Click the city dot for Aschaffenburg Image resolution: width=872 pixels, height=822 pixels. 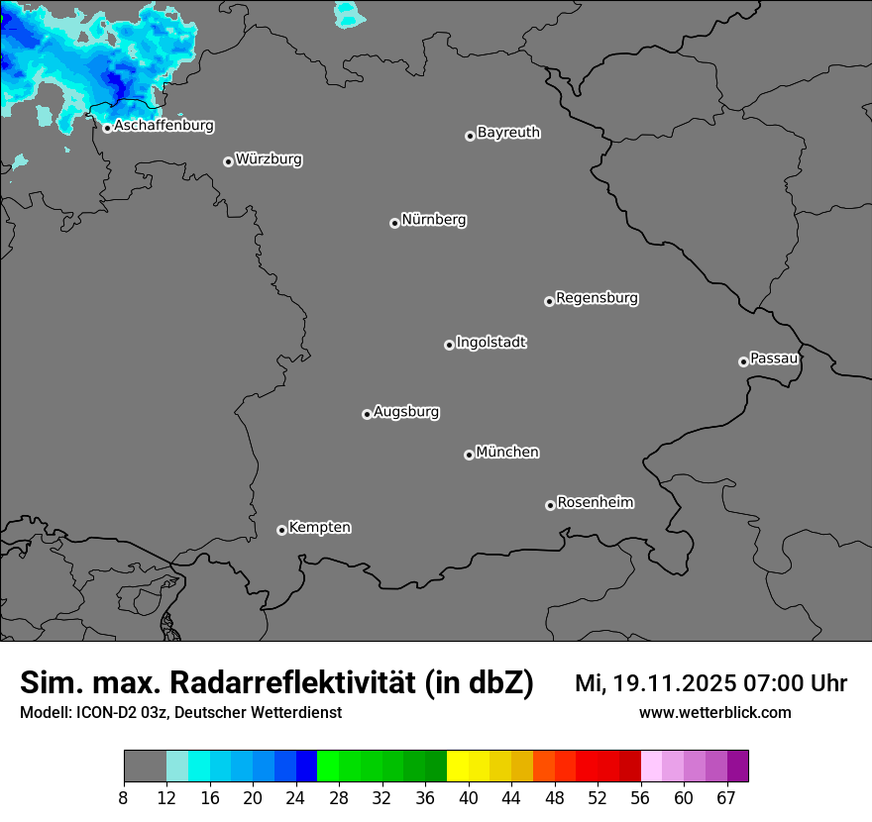pyautogui.click(x=107, y=128)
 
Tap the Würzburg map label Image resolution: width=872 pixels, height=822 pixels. pyautogui.click(x=269, y=159)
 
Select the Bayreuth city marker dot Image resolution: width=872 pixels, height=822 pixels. pyautogui.click(x=470, y=136)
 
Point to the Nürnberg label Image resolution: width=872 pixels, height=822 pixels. pyautogui.click(x=434, y=220)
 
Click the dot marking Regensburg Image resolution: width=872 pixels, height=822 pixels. pyautogui.click(x=549, y=301)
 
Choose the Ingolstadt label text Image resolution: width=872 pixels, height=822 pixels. pyautogui.click(x=491, y=343)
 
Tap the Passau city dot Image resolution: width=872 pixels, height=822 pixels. pyautogui.click(x=743, y=361)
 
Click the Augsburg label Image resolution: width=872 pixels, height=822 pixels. pyautogui.click(x=406, y=412)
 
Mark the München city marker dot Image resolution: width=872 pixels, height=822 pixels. pyautogui.click(x=469, y=456)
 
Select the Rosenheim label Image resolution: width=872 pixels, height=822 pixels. pyautogui.click(x=596, y=503)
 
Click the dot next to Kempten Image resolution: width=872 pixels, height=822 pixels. pyautogui.click(x=281, y=530)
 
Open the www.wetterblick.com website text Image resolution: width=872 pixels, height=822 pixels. pyautogui.click(x=715, y=712)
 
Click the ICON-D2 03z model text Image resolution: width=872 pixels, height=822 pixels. pyautogui.click(x=118, y=712)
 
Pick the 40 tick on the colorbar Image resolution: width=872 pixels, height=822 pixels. pyautogui.click(x=469, y=798)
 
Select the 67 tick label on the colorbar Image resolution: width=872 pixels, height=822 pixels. pyautogui.click(x=726, y=798)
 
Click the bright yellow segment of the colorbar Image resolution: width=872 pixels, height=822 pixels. pyautogui.click(x=458, y=767)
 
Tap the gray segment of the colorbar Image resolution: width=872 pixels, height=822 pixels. pyautogui.click(x=145, y=767)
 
